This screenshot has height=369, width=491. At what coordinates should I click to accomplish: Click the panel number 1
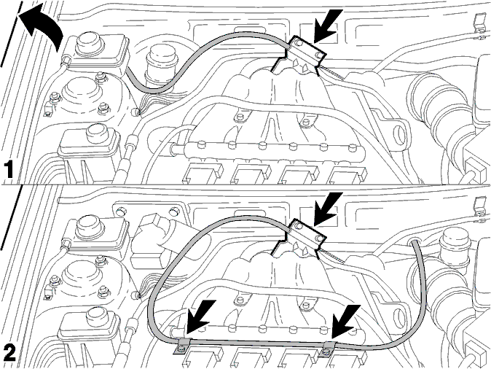click(9, 170)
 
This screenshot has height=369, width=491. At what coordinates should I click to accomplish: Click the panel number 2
click(9, 352)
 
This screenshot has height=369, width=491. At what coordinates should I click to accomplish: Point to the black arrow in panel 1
click(328, 26)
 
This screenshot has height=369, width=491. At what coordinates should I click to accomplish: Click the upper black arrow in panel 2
click(328, 209)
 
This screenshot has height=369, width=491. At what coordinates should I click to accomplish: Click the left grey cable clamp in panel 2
click(182, 346)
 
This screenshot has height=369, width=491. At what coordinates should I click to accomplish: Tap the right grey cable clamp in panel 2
click(328, 349)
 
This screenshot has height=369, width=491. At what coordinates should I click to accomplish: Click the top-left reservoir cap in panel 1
click(88, 42)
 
